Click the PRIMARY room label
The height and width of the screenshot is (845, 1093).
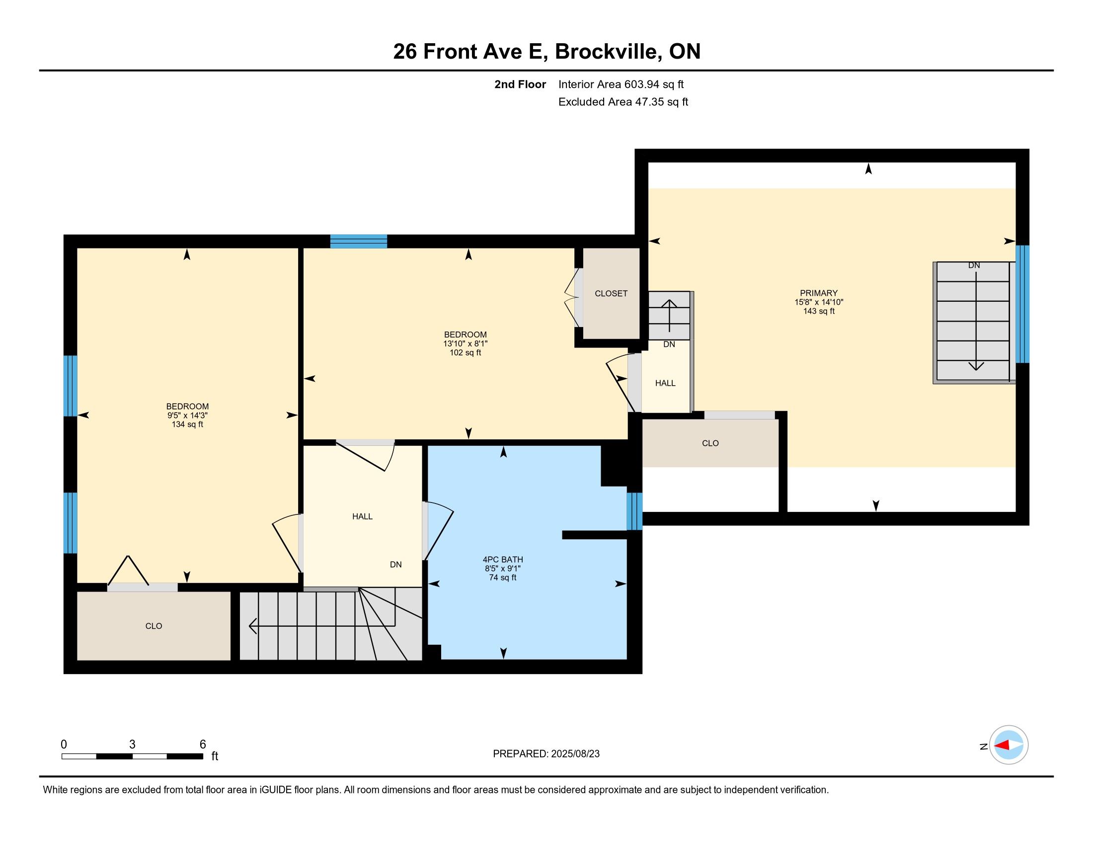point(818,293)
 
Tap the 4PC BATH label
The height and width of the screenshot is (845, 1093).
point(503,560)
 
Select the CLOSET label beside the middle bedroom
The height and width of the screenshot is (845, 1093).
point(611,294)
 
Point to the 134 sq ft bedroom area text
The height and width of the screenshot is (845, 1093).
point(187,424)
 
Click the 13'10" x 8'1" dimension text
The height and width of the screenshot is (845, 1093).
point(466,344)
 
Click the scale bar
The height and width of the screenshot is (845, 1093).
point(132,756)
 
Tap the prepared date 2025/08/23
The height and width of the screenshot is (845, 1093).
point(575,754)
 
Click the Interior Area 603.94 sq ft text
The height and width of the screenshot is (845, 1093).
point(621,84)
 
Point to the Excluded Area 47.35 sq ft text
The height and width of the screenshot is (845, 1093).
point(624,102)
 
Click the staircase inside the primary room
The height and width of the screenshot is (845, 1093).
point(973,323)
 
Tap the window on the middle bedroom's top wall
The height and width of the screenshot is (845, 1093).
point(359,241)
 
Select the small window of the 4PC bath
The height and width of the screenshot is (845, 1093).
point(634,511)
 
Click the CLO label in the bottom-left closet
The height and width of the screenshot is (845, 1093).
point(154,626)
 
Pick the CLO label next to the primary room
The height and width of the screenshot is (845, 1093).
point(710,443)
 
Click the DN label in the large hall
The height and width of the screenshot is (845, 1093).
point(396,565)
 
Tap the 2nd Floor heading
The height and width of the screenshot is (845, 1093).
point(520,84)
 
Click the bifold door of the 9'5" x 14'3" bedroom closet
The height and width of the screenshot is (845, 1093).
point(129,570)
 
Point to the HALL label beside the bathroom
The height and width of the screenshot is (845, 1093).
point(362,516)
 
